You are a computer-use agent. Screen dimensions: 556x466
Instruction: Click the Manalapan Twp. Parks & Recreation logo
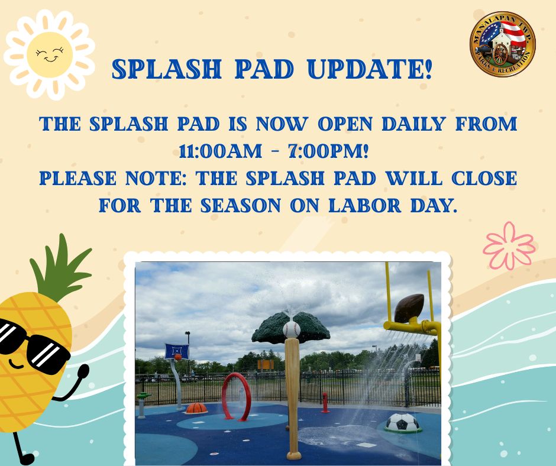502,44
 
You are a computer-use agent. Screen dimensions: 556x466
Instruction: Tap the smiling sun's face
50,54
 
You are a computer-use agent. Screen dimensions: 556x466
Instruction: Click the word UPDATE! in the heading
370,69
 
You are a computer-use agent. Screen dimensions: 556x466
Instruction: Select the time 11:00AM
220,151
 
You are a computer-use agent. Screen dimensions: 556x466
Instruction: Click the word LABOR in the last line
365,205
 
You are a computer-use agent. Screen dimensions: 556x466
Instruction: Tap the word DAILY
414,124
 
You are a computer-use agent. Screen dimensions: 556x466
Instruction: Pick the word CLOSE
484,178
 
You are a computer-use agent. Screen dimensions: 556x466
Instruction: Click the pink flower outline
509,245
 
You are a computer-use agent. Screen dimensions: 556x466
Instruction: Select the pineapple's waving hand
83,372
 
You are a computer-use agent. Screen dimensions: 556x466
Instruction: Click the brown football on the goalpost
409,308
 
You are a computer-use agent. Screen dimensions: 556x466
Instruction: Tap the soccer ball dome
403,422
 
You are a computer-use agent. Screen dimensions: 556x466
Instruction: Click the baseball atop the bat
292,329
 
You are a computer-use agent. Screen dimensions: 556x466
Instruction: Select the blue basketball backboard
177,351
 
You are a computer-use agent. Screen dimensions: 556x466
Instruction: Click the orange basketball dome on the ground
196,408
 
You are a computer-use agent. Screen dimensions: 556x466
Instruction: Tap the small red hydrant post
325,403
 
